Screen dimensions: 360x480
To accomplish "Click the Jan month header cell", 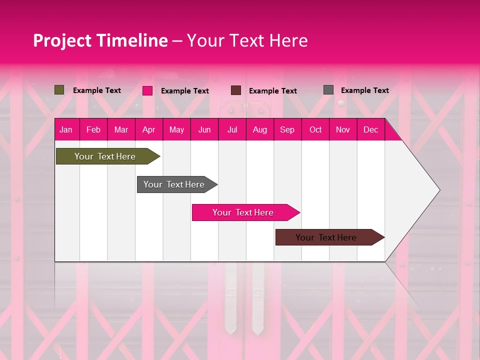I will click(66, 129).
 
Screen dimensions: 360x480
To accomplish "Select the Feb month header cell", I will click(93, 129).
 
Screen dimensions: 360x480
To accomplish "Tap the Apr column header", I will click(149, 129).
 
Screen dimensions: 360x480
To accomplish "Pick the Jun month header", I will click(204, 129).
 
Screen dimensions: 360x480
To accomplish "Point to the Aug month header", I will click(260, 129).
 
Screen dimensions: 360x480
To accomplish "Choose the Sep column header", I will click(287, 129).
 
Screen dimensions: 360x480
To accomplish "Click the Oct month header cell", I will click(315, 129).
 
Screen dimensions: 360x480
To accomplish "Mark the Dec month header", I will click(371, 129).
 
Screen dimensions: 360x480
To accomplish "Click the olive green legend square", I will click(59, 90).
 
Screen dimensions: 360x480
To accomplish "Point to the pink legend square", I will click(147, 90).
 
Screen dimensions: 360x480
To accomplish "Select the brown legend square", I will click(236, 90).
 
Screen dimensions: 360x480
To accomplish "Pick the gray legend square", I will click(328, 90).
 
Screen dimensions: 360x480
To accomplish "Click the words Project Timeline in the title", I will click(100, 40).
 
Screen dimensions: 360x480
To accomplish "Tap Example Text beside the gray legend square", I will click(364, 90).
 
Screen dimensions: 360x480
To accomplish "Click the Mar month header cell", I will click(121, 129).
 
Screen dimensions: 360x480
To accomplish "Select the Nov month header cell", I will click(343, 129).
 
